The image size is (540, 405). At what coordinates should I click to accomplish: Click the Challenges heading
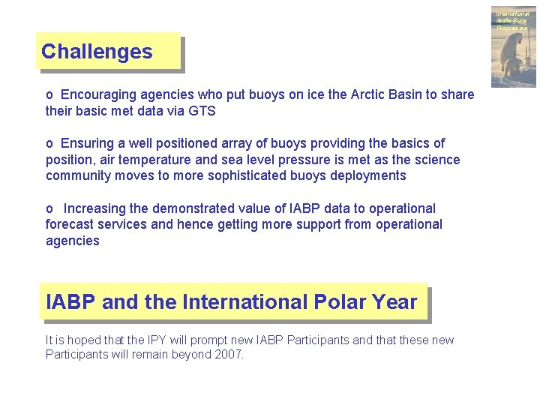[97, 52]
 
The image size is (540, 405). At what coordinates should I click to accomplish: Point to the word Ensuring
[86, 143]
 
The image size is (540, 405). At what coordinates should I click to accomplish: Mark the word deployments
[368, 175]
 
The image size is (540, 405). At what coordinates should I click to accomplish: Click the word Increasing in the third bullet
[94, 208]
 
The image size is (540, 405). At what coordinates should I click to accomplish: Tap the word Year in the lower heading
[394, 302]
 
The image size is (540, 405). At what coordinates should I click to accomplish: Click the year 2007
[227, 355]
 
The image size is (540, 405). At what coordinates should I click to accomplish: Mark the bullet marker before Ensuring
[49, 143]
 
